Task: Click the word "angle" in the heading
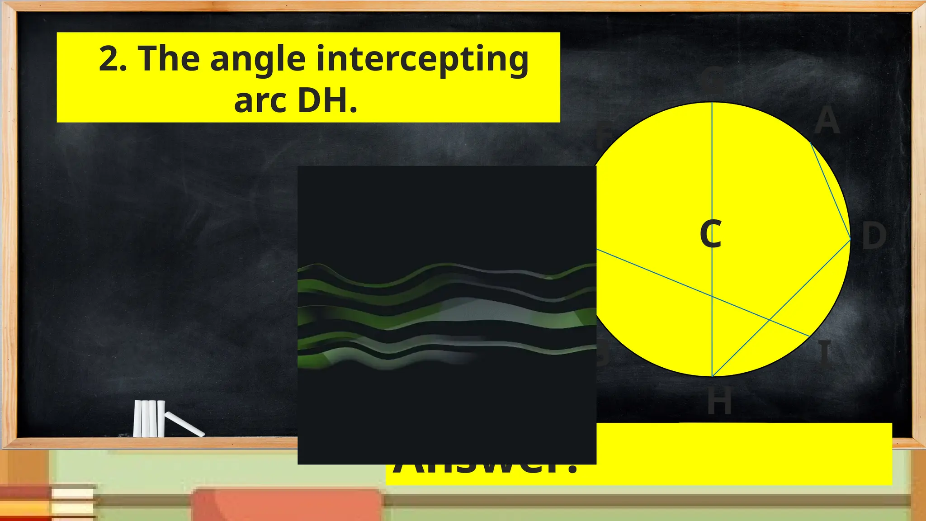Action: pos(258,60)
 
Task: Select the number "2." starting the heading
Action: pos(113,59)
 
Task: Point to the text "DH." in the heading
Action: pos(328,100)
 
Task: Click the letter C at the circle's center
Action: pos(710,233)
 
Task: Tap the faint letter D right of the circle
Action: pos(874,236)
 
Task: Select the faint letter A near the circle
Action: pos(827,121)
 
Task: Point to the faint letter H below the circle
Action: pos(719,401)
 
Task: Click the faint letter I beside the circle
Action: pos(825,353)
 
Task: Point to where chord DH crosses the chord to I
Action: pos(770,320)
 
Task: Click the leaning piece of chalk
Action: pos(184,424)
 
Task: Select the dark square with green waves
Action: pos(447,315)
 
